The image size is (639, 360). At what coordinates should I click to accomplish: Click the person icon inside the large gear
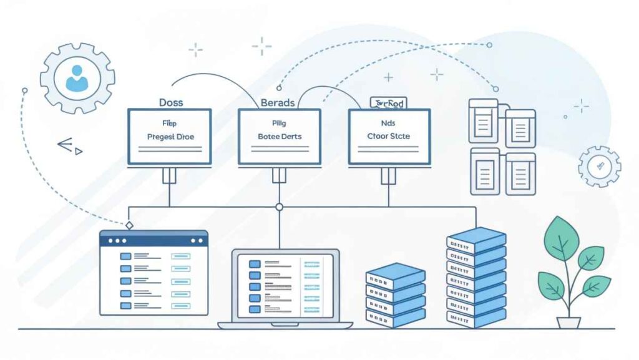click(77, 79)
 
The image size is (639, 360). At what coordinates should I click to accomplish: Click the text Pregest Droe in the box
click(170, 136)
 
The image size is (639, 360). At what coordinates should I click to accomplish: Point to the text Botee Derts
click(280, 136)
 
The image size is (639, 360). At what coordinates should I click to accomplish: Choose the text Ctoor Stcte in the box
click(389, 136)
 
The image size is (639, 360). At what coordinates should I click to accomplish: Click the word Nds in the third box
click(388, 123)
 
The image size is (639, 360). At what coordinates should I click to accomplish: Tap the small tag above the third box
click(388, 102)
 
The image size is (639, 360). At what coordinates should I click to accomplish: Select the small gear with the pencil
click(599, 167)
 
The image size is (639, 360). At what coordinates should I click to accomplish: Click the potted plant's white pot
click(568, 323)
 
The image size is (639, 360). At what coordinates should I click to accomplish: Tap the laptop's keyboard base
click(285, 324)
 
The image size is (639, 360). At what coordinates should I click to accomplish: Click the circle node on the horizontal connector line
click(280, 207)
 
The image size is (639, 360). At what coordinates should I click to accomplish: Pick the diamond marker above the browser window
click(129, 225)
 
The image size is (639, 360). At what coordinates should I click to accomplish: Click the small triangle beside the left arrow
click(78, 151)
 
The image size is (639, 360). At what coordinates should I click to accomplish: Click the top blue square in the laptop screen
click(254, 264)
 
